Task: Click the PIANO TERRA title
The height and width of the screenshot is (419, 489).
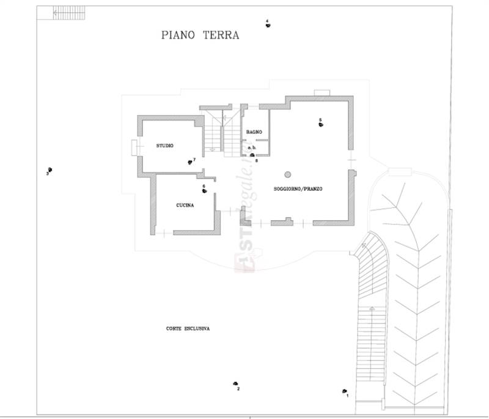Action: tap(200, 35)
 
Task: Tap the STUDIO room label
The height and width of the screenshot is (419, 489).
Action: tap(164, 146)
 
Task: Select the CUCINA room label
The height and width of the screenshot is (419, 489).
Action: tap(185, 206)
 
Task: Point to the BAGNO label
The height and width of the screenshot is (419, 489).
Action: tap(254, 132)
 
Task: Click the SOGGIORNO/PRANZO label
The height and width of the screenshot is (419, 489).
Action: tap(298, 189)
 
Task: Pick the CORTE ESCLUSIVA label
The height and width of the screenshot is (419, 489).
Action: tap(188, 328)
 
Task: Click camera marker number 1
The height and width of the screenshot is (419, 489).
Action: tap(345, 391)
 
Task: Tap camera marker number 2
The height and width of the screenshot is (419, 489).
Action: tap(235, 384)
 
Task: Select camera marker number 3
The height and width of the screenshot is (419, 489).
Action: tap(50, 169)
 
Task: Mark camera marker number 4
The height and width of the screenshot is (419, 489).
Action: tap(268, 24)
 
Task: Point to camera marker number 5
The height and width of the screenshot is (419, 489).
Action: tap(320, 124)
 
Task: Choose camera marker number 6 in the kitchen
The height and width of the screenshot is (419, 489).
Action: tap(205, 191)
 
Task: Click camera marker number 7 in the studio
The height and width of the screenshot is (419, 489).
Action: tap(190, 162)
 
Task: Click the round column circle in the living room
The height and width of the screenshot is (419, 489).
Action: tap(287, 174)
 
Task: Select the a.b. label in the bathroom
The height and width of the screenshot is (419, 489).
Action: tap(251, 148)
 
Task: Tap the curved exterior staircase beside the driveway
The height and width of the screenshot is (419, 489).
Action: tap(372, 281)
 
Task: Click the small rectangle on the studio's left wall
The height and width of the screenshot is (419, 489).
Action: tap(134, 147)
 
